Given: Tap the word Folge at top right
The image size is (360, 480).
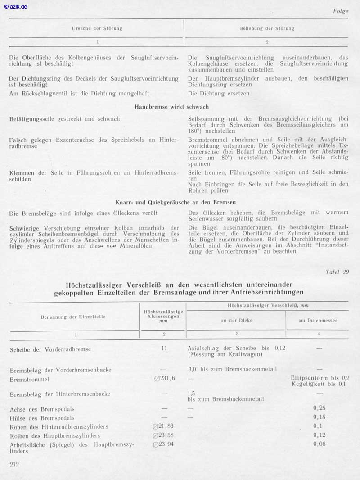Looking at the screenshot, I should pos(341,11).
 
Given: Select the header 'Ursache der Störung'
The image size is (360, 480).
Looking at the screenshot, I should pos(97,28).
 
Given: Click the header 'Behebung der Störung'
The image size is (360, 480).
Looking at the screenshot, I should pos(267,28).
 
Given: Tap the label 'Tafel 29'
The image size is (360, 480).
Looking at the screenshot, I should pos(337,272).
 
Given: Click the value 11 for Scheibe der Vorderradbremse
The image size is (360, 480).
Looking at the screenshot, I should pos(164,348).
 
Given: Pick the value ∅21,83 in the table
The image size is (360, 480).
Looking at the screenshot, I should pos(163,426).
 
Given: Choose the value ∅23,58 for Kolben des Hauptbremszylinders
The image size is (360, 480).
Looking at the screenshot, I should pos(163,435).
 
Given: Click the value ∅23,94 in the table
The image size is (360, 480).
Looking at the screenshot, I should pos(163,444).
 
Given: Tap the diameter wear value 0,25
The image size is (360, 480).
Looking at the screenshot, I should pos(319,408).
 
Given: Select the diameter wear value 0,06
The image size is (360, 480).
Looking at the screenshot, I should pos(319,444).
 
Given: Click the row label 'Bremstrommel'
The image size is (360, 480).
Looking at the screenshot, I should pos(30,380).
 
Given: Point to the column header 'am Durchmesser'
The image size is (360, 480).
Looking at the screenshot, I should pos(319,321).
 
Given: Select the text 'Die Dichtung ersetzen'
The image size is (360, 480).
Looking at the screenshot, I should pos(218,94).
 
